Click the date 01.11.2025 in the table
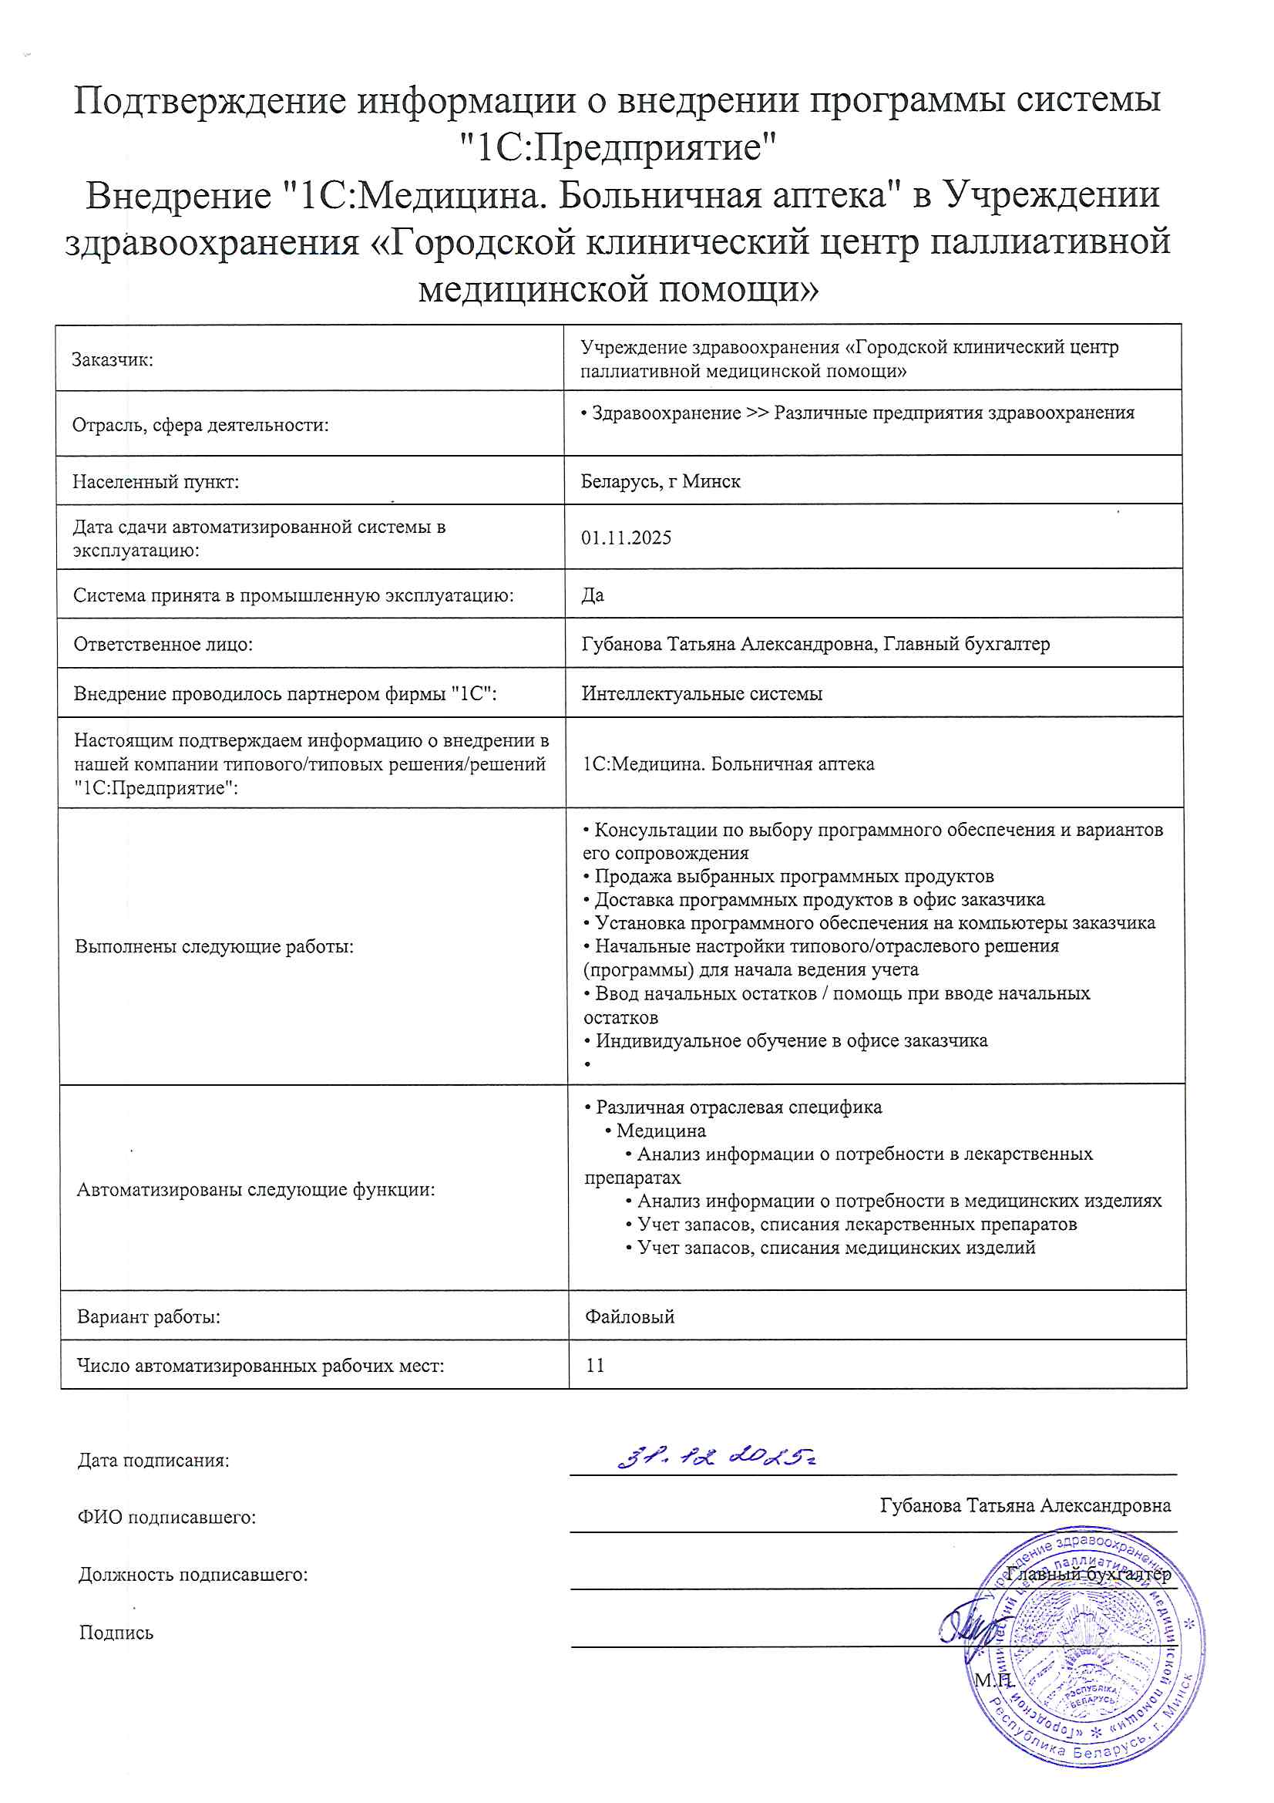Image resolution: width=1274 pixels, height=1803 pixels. point(626,538)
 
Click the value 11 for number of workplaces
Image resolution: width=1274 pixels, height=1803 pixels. point(595,1365)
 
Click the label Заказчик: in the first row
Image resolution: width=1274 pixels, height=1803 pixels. point(113,359)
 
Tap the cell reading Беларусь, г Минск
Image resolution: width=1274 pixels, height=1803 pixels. point(661,481)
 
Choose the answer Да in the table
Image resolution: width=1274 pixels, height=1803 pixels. point(593,595)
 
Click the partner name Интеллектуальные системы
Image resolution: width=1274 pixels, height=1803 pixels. point(702,693)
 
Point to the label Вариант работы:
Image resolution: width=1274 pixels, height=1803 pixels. point(148,1317)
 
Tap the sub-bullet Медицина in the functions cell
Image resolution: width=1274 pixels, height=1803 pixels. point(661,1131)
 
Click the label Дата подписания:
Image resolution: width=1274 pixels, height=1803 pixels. point(153,1461)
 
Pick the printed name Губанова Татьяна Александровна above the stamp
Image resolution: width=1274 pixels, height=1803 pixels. point(1025,1505)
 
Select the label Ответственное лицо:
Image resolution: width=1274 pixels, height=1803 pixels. point(163,645)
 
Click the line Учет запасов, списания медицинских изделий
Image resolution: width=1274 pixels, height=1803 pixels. point(835,1247)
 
